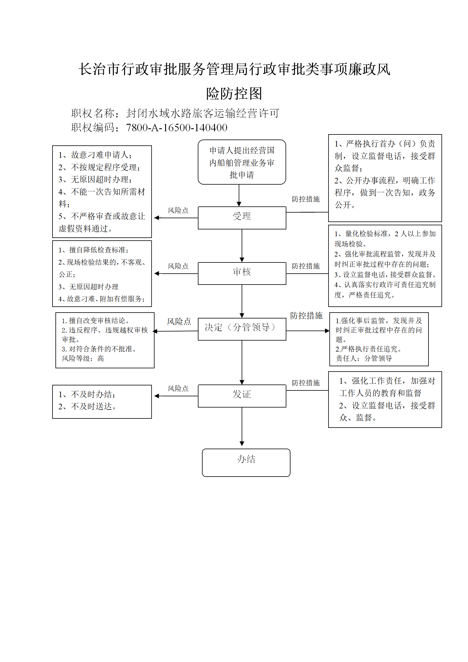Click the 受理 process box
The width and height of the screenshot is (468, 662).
pos(242,218)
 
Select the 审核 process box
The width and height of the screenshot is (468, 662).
pos(242,273)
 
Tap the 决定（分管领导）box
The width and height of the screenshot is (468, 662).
pos(242,329)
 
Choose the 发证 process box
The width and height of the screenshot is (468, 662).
pos(242,396)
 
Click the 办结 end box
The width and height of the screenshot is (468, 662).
pos(246,462)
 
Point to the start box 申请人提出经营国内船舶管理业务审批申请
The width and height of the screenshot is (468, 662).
pos(242,162)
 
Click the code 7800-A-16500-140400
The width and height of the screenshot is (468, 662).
pos(176,128)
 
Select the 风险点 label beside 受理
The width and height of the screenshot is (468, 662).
pos(178,210)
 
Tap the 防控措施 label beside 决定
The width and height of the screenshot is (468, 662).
pos(306,316)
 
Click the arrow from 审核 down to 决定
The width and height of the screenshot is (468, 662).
pos(242,301)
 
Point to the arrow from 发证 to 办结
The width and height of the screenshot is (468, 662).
pos(242,427)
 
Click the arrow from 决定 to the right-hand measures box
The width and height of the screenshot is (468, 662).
pos(308,331)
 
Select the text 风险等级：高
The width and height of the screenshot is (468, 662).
pos(83,358)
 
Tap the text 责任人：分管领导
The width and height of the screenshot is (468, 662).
pos(364,358)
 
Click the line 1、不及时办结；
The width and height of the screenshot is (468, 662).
pos(87,394)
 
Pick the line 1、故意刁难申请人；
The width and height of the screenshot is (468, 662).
pos(95,155)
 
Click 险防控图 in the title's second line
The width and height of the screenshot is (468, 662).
pos(234,94)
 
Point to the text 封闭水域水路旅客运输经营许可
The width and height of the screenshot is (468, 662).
pos(203,113)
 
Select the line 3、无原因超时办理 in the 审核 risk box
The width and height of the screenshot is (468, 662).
pos(88,287)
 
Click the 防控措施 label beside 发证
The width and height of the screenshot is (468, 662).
pos(306,383)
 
